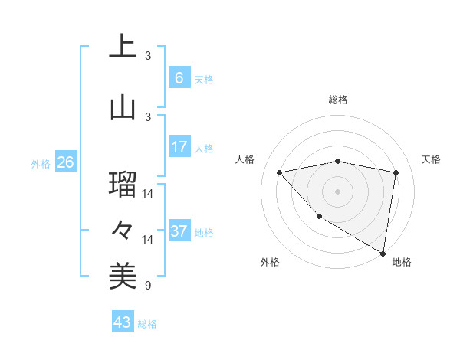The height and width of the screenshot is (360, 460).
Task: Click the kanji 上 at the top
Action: pyautogui.click(x=123, y=47)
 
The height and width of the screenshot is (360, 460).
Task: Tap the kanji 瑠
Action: pyautogui.click(x=123, y=185)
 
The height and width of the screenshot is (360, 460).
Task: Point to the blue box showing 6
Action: pyautogui.click(x=179, y=77)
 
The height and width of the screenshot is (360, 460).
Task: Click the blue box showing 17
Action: pyautogui.click(x=179, y=147)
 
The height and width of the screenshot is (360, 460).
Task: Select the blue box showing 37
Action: pyautogui.click(x=179, y=231)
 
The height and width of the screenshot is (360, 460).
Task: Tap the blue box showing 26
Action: pyautogui.click(x=65, y=162)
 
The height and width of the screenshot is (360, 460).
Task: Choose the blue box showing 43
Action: pyautogui.click(x=123, y=322)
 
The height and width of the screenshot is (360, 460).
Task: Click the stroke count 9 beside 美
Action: pyautogui.click(x=147, y=286)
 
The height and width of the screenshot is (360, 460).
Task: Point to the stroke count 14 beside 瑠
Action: pyautogui.click(x=148, y=194)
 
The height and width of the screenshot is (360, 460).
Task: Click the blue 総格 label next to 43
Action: pyautogui.click(x=147, y=324)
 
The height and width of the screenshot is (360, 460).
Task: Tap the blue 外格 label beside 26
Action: pyautogui.click(x=41, y=164)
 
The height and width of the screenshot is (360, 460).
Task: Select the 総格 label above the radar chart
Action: pyautogui.click(x=337, y=100)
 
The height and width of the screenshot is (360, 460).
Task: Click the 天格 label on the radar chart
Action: pyautogui.click(x=431, y=159)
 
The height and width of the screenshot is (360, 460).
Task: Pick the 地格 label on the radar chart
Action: pyautogui.click(x=402, y=262)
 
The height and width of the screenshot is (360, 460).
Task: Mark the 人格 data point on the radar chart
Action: pyautogui.click(x=280, y=172)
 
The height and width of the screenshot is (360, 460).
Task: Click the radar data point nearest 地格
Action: pyautogui.click(x=383, y=253)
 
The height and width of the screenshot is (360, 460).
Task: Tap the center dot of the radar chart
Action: pyautogui.click(x=337, y=191)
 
